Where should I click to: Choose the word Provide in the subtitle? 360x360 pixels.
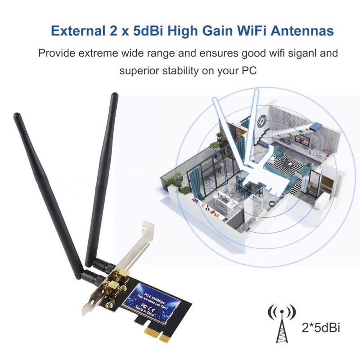point(56,53)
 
